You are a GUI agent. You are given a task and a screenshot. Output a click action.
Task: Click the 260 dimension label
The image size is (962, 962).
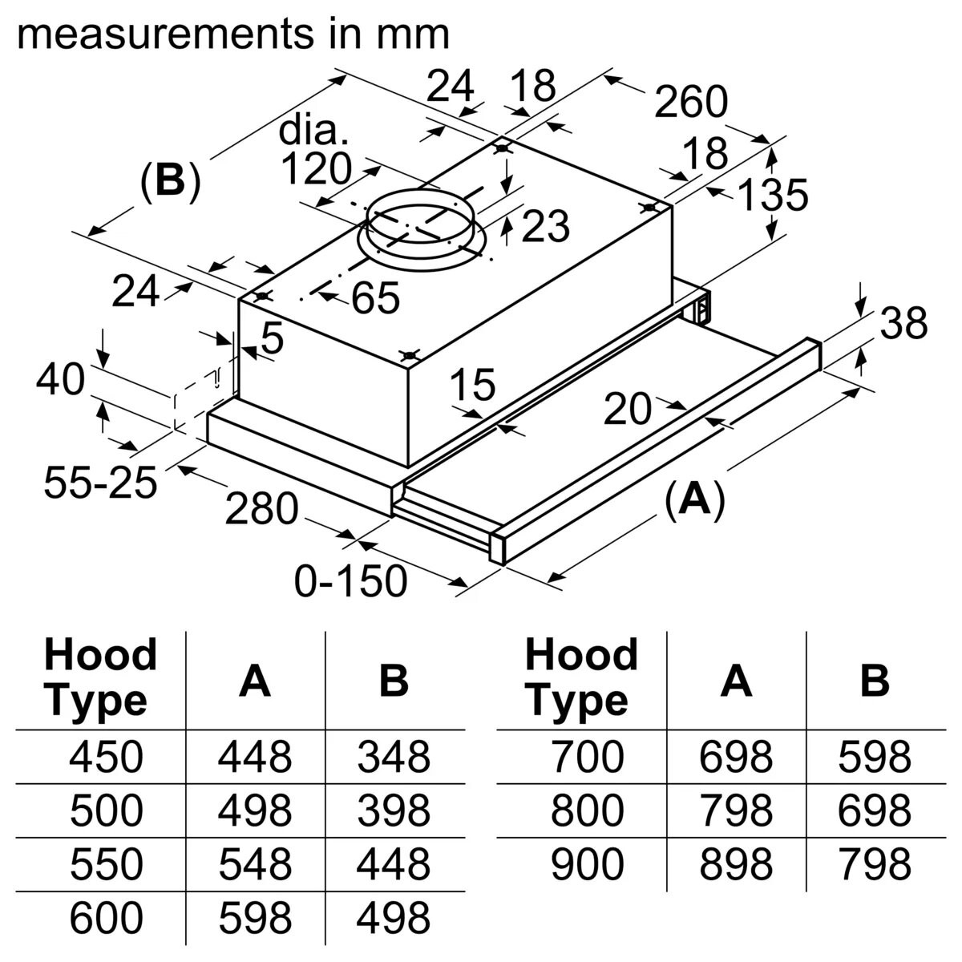pyautogui.click(x=690, y=102)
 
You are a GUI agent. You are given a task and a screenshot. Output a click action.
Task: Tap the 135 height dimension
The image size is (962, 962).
pyautogui.click(x=772, y=195)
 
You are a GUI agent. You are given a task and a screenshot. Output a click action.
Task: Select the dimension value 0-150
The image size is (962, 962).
pyautogui.click(x=350, y=580)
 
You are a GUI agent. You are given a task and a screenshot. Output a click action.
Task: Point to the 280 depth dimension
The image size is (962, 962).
pyautogui.click(x=261, y=508)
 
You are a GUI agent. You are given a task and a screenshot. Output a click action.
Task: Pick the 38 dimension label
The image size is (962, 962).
pyautogui.click(x=903, y=324)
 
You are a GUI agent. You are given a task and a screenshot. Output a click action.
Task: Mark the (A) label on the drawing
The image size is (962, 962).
pyautogui.click(x=694, y=499)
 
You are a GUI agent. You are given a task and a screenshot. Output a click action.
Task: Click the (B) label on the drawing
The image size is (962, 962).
pyautogui.click(x=169, y=182)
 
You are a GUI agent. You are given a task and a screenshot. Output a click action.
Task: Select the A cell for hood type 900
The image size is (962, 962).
pyautogui.click(x=735, y=864)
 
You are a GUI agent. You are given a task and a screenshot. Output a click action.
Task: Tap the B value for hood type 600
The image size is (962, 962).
pyautogui.click(x=394, y=918)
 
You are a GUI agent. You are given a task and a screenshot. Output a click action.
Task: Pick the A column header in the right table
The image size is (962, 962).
pyautogui.click(x=735, y=680)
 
